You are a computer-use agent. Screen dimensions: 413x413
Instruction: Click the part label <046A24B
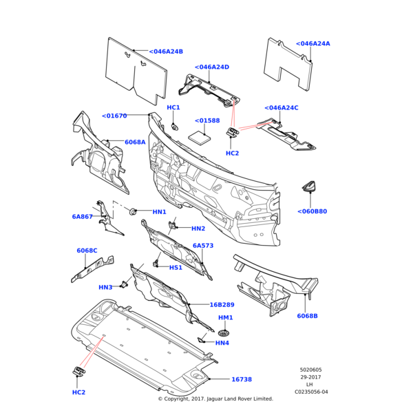point(166,52)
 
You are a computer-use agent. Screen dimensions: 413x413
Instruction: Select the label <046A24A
point(313,43)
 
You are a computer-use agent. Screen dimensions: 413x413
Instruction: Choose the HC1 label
point(173,107)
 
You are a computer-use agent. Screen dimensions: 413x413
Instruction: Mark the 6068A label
point(135,142)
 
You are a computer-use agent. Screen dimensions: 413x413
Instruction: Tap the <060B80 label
point(312,211)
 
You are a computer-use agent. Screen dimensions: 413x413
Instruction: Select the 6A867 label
point(82,217)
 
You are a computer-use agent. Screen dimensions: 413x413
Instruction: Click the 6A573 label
point(203,246)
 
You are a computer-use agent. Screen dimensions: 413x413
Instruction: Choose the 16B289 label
point(222,304)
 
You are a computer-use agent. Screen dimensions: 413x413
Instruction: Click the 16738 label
point(241,379)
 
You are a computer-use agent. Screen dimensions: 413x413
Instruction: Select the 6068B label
point(307,316)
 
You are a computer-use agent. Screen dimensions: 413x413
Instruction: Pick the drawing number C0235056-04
point(311,392)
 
